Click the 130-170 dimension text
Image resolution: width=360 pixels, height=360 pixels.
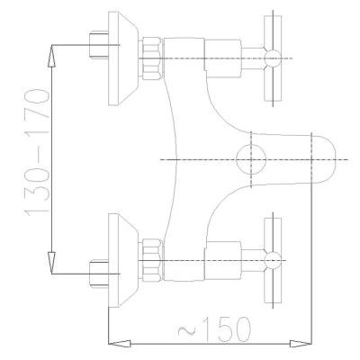pos(37,151)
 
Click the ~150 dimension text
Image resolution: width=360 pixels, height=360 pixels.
pos(214,329)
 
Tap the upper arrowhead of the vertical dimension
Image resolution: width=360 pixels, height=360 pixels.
pos(52,56)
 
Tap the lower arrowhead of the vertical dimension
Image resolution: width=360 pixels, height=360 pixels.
pos(52,263)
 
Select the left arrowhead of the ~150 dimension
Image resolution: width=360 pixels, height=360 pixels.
pos(120,344)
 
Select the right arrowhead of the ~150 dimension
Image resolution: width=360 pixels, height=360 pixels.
pos(301,344)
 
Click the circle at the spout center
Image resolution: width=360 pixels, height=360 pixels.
pos(251,159)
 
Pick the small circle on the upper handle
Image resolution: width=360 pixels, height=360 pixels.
pos(273,58)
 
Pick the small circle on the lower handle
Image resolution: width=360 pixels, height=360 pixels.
pos(273,260)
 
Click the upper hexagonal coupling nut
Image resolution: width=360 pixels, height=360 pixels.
pos(152,58)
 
